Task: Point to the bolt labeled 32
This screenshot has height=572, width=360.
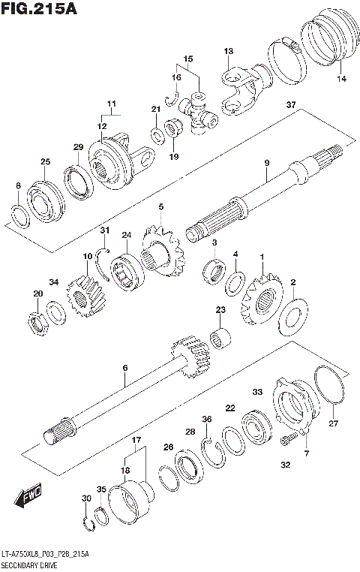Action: (x=288, y=438)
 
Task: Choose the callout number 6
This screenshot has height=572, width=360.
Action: (x=125, y=367)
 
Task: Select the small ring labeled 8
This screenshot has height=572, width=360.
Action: (x=21, y=215)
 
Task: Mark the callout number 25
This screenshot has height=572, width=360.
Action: (x=45, y=161)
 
